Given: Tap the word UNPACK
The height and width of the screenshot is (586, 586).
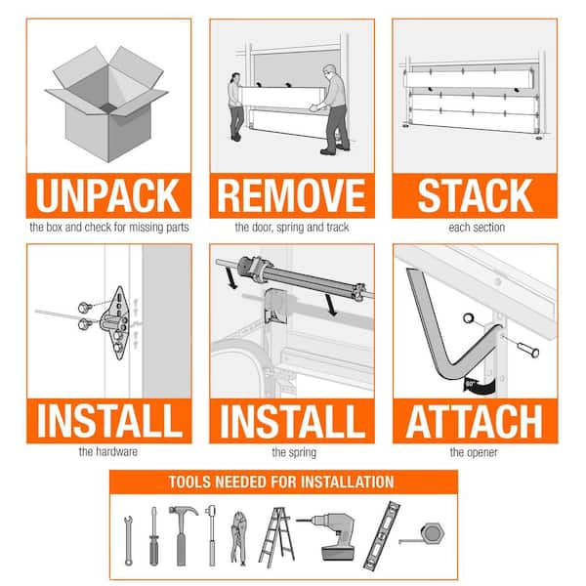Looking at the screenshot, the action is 108,195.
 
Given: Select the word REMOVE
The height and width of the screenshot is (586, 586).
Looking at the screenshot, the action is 291,195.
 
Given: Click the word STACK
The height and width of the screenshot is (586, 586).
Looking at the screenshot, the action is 476,195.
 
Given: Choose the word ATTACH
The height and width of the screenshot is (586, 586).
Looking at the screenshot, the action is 475,422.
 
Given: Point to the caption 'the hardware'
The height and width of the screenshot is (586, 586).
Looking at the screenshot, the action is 108,452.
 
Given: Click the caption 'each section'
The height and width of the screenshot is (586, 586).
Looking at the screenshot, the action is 477,228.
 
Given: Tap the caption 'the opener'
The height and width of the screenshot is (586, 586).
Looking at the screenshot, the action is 474,452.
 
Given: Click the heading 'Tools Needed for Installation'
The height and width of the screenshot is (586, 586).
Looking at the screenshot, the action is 281,482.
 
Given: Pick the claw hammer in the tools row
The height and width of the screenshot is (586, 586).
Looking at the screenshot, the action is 182,534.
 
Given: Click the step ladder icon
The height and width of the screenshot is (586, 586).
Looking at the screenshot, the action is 276,537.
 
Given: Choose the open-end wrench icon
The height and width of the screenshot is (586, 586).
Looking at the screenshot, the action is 128,540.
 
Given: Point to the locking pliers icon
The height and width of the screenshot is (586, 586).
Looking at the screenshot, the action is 238,538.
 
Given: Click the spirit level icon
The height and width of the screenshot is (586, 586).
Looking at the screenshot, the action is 382,535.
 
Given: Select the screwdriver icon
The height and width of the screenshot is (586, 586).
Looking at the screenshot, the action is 153,536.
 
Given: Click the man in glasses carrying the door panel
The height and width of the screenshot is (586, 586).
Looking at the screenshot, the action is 334,109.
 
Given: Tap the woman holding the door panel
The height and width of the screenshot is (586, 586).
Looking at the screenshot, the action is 234,106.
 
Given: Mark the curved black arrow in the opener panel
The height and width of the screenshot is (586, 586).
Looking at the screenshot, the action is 481,385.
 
